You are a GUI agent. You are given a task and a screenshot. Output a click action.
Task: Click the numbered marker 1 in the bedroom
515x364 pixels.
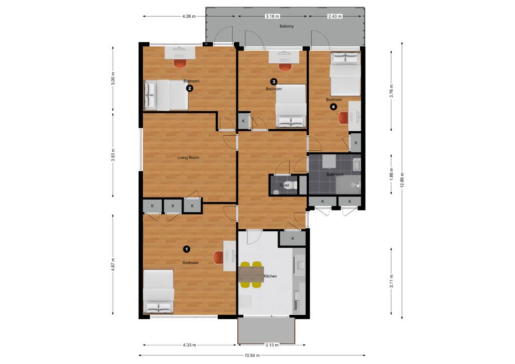click(187, 249)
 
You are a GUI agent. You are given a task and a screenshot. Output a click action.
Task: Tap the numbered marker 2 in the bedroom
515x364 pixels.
click(189, 88)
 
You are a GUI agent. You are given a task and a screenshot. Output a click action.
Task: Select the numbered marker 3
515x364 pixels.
click(273, 82)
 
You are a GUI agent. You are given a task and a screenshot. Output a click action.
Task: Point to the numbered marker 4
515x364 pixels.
click(333, 107)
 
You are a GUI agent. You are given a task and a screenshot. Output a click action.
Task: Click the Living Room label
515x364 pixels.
click(188, 157)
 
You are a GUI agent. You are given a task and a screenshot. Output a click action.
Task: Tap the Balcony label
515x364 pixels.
click(286, 26)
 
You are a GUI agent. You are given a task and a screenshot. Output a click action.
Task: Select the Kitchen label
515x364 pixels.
click(270, 276)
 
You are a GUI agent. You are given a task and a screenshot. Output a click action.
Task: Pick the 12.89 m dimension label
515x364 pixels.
click(402, 180)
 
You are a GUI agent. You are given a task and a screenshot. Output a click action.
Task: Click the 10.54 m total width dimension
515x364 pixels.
click(252, 355)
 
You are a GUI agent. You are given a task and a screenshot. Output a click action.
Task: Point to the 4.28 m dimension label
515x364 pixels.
click(189, 16)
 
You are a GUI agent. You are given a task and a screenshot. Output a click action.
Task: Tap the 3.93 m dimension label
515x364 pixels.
click(113, 155)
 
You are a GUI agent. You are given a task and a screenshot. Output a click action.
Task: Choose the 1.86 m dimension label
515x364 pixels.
click(391, 174)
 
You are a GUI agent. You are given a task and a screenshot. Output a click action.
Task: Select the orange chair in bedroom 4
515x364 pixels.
click(343, 118)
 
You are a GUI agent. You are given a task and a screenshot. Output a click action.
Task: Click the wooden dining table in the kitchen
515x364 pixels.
click(251, 275)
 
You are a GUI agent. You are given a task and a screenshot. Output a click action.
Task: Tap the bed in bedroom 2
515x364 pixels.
click(166, 95)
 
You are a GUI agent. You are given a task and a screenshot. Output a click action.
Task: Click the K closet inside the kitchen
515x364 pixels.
click(292, 239)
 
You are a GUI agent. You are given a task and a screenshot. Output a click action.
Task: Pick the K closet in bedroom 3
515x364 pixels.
click(243, 121)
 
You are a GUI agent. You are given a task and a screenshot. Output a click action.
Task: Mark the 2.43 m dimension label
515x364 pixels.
click(334, 16)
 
